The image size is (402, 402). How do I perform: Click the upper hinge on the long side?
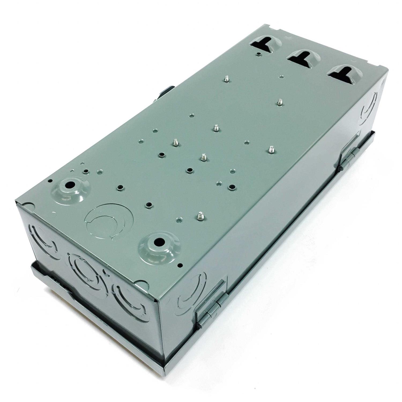point(348,158)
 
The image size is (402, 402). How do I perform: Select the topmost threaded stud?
point(226,79)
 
